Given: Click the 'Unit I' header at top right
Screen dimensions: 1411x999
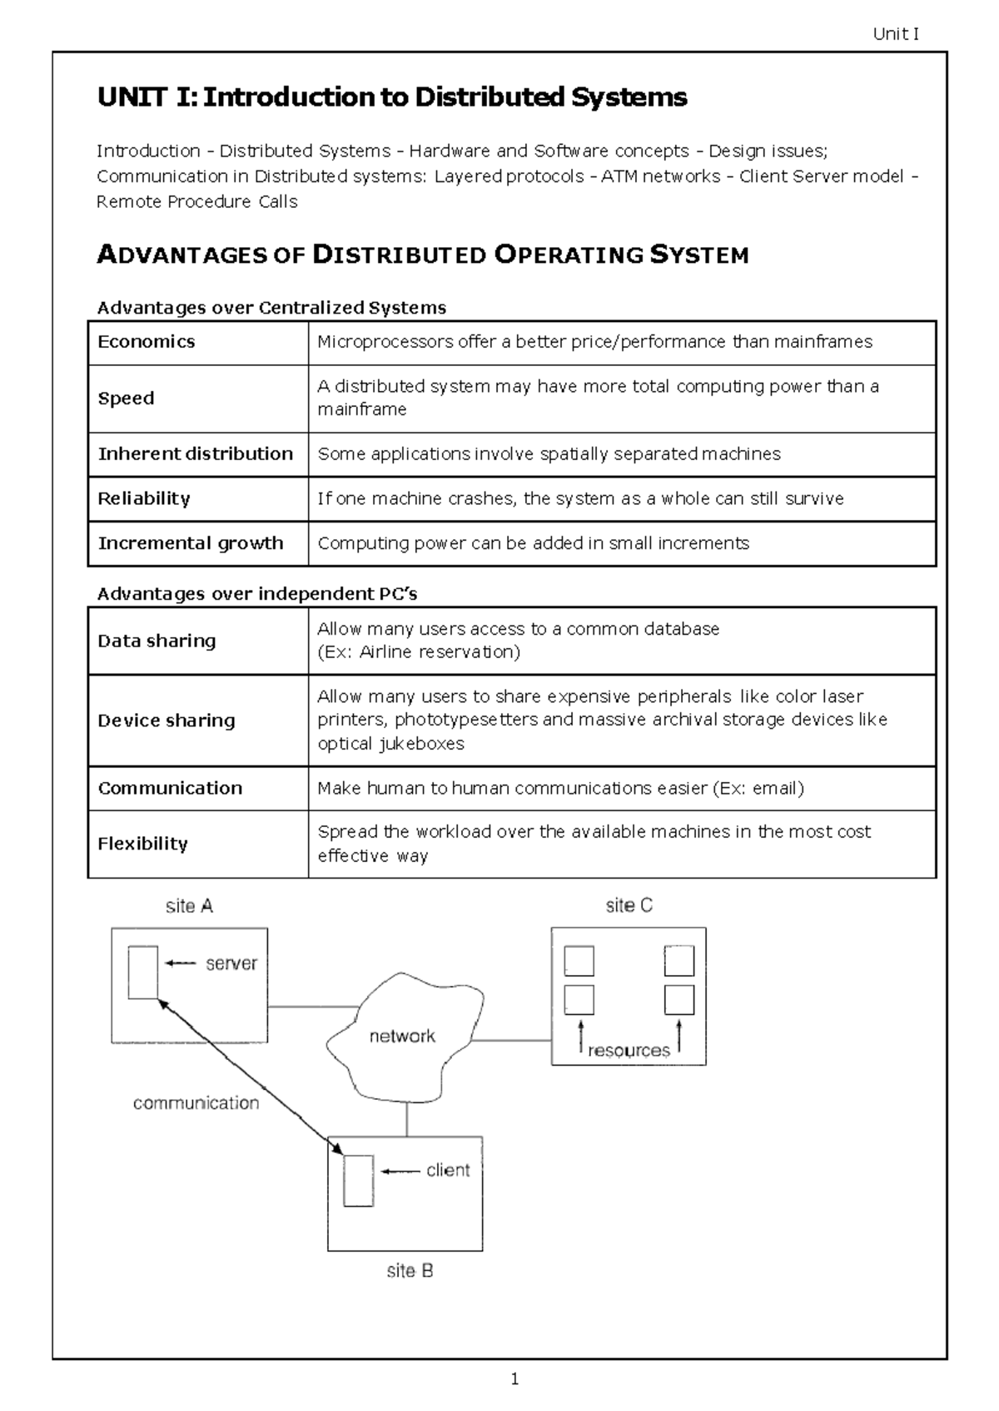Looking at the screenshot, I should click(x=896, y=34).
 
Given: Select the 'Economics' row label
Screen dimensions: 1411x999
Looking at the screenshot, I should click(x=147, y=342).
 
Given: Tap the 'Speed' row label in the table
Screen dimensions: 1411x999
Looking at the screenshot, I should click(x=126, y=399).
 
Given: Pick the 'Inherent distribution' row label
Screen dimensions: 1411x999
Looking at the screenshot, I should click(x=196, y=454).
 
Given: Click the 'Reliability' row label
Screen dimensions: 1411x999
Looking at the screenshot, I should click(x=144, y=499).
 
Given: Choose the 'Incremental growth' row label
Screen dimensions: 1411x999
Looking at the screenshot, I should click(x=191, y=543).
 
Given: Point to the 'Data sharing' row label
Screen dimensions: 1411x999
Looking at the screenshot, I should click(x=157, y=641).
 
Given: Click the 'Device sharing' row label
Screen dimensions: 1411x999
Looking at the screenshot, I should click(x=166, y=720).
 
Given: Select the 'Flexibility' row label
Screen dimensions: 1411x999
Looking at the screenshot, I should click(x=142, y=844).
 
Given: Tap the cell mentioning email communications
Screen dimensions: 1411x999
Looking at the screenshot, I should click(x=560, y=789).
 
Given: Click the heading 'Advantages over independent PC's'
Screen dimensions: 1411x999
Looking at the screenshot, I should click(x=257, y=594).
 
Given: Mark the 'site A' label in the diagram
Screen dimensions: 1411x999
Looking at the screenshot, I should click(x=189, y=907).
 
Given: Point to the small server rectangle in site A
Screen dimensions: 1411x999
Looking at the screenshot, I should click(x=142, y=973).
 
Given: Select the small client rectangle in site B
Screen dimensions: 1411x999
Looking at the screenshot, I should click(x=359, y=1181).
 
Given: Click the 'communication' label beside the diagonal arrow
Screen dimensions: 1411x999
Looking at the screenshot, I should click(x=196, y=1103).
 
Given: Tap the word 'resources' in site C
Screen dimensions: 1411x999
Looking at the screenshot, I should click(x=629, y=1051).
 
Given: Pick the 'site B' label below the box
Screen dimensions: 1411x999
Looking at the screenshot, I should click(x=410, y=1271).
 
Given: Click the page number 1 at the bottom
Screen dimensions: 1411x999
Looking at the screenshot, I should click(x=514, y=1379).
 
